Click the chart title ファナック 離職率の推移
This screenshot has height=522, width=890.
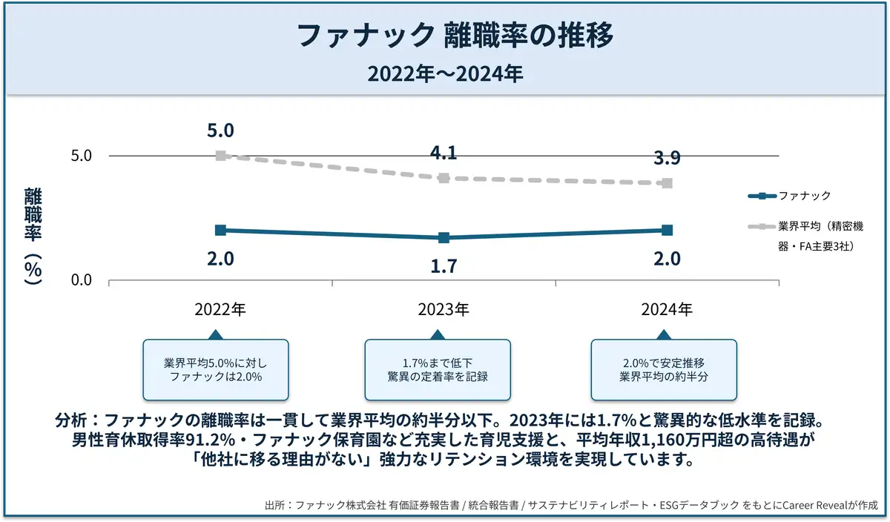(x=445, y=35)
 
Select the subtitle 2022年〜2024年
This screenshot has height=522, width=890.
(x=445, y=74)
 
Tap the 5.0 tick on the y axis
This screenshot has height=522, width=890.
(x=81, y=156)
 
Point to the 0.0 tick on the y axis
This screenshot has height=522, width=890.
(x=81, y=280)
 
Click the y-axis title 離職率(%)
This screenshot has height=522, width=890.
(x=33, y=236)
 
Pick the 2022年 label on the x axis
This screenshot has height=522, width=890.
(x=220, y=309)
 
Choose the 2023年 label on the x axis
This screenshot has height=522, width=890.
(x=444, y=309)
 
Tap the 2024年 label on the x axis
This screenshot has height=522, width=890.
(x=667, y=309)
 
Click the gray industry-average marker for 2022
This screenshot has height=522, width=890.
(x=220, y=156)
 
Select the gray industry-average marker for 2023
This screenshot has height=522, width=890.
(x=444, y=178)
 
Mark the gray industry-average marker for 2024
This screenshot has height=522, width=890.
(x=667, y=183)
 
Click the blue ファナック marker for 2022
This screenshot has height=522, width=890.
(x=220, y=231)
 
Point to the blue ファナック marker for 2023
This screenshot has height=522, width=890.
(x=444, y=238)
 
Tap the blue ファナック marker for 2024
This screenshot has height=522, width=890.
(x=667, y=231)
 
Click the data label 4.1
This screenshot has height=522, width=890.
(x=444, y=153)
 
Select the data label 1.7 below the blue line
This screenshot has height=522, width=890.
(x=444, y=265)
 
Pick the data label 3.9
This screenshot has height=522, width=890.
(x=667, y=158)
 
